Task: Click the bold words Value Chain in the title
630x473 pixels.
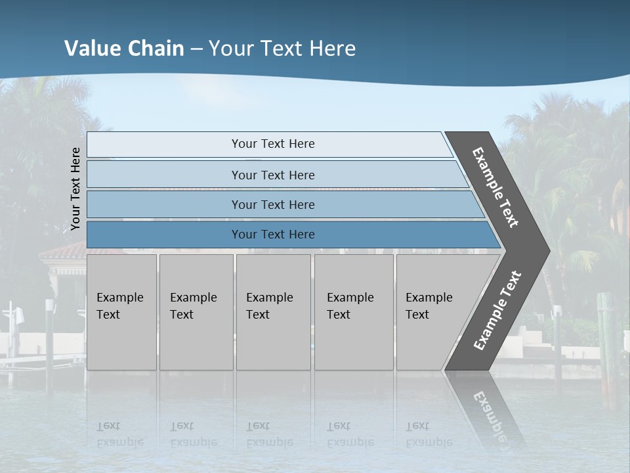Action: (x=124, y=49)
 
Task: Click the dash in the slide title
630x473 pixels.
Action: (x=196, y=49)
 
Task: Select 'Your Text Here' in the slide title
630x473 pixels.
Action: (x=282, y=49)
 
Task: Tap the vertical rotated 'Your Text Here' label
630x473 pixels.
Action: (x=75, y=189)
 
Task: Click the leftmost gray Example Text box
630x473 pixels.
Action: (x=121, y=312)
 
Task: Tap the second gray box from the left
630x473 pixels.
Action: (x=196, y=312)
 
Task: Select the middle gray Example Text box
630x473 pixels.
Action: (x=273, y=312)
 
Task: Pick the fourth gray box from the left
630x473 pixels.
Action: (x=353, y=312)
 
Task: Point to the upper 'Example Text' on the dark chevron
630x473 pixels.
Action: (x=495, y=187)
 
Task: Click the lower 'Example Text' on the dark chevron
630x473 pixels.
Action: (x=497, y=311)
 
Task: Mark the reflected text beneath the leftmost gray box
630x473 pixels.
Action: (x=120, y=434)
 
